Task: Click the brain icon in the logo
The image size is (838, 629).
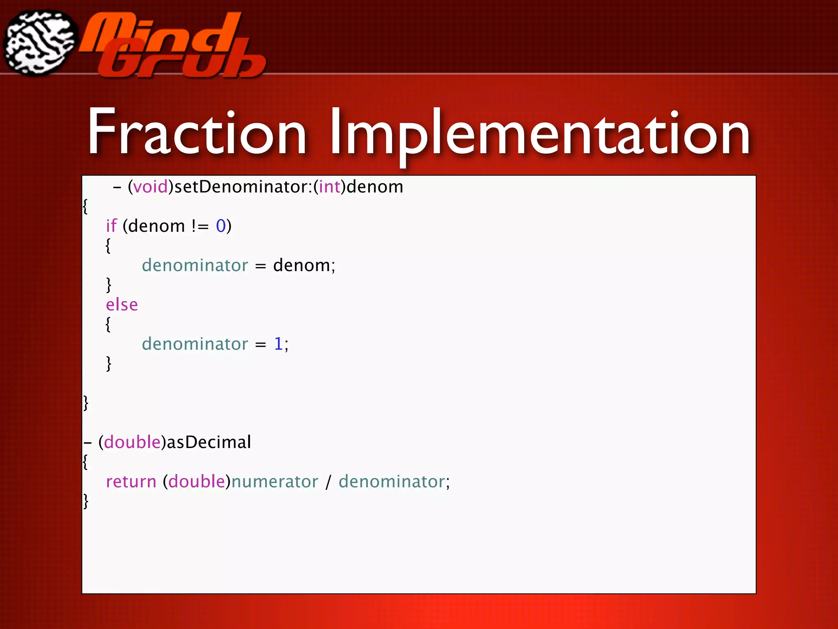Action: coord(40,43)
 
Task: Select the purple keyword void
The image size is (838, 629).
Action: coord(151,187)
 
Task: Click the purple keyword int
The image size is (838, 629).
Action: coord(329,187)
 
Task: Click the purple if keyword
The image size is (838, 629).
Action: coord(111,226)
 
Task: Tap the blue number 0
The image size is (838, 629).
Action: coord(221,226)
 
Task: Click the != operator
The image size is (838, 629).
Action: coord(200,226)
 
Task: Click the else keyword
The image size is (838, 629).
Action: coord(122,305)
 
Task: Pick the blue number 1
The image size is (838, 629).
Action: coord(278,344)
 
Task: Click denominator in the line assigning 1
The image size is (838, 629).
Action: coord(195,344)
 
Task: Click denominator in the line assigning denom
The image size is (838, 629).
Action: coord(195,265)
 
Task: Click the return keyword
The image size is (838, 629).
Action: coord(131,482)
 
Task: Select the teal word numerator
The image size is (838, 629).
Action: coord(275,482)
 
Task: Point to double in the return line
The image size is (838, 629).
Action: coord(196,482)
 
